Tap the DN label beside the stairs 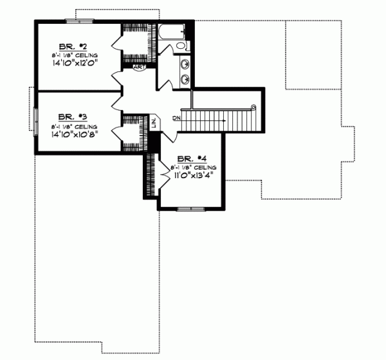click(x=176, y=118)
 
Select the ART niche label click(x=139, y=66)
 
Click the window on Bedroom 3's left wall click(x=36, y=120)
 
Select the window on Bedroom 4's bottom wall click(x=190, y=209)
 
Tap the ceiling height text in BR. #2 click(x=74, y=56)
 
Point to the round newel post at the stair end click(x=254, y=107)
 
